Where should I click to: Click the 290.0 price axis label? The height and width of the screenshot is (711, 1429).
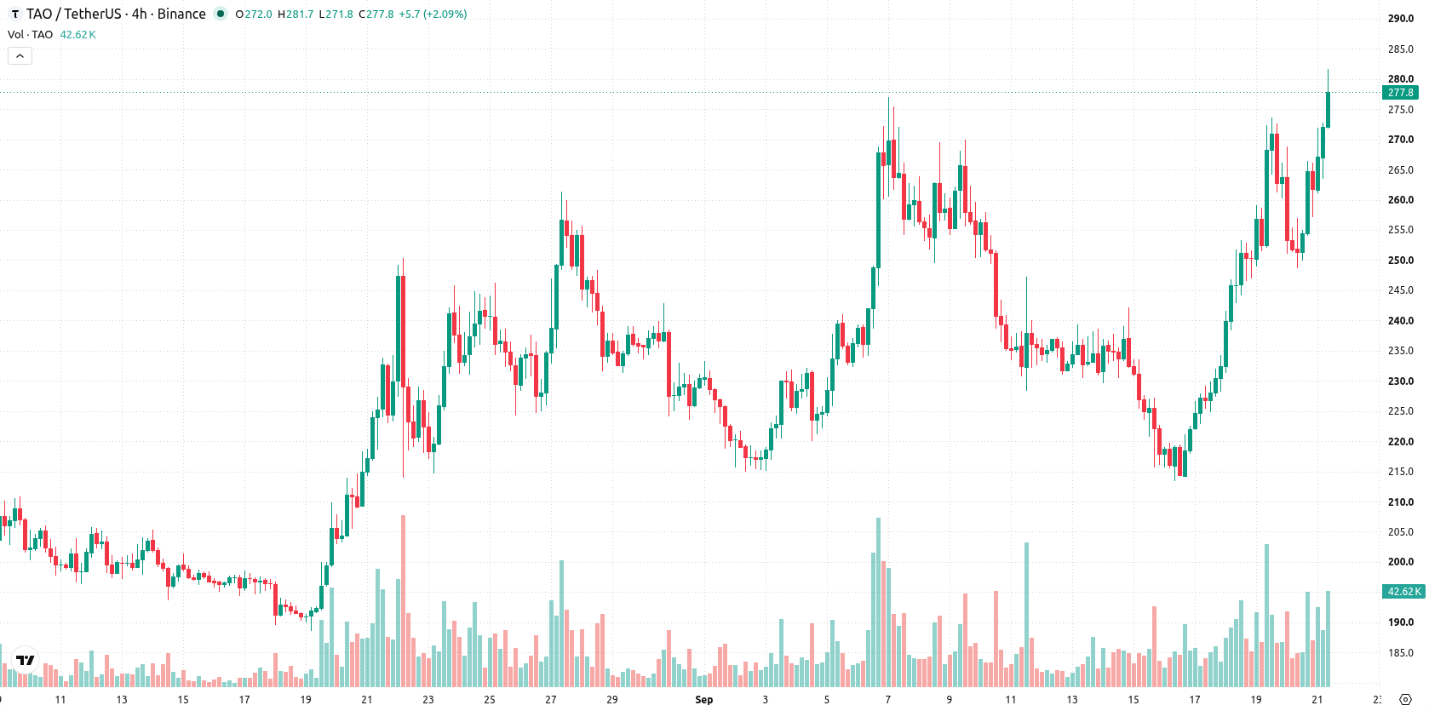(x=1400, y=19)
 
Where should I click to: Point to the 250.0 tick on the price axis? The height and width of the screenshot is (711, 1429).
(x=1400, y=261)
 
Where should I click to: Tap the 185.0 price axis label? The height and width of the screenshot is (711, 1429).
(x=1400, y=653)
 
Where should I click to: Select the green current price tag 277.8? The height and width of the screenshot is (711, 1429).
(x=1400, y=93)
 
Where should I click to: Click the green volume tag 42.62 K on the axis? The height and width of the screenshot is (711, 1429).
(x=1403, y=592)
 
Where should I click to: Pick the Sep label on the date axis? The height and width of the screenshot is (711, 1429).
(x=703, y=700)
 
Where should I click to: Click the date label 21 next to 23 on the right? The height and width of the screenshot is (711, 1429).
(x=1317, y=700)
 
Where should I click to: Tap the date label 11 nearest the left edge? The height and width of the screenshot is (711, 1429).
(x=60, y=700)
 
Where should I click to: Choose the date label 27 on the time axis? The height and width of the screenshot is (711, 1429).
(x=550, y=700)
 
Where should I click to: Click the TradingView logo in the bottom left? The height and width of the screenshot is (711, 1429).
(x=26, y=660)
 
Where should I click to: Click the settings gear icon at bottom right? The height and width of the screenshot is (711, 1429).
(x=1405, y=700)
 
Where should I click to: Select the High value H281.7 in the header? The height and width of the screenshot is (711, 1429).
(x=296, y=14)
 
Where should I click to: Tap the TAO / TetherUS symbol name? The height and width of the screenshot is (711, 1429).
(x=73, y=14)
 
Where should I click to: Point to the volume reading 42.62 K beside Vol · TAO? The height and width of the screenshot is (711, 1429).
(x=77, y=34)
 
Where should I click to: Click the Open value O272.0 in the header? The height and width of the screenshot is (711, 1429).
(x=254, y=14)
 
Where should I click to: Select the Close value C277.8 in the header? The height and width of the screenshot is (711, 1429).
(x=376, y=14)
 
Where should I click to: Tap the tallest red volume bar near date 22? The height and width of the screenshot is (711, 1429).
(x=403, y=600)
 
